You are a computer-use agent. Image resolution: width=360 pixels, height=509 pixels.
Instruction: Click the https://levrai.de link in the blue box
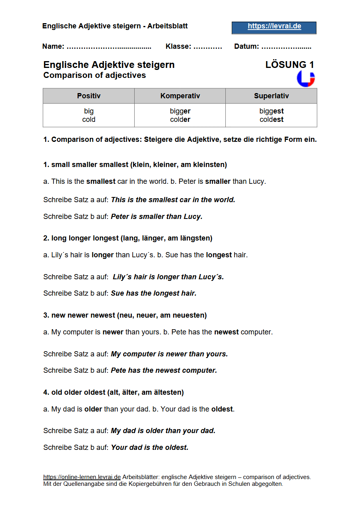[274, 26]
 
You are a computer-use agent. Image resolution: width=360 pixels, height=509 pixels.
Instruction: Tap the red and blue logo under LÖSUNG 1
[306, 79]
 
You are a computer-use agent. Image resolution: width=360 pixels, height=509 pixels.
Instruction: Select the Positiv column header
[89, 96]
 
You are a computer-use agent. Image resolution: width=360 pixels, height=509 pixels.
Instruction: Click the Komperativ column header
[180, 96]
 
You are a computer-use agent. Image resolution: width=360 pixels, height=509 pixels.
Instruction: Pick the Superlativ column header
[271, 96]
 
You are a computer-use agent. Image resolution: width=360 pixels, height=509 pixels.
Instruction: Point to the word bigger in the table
[180, 111]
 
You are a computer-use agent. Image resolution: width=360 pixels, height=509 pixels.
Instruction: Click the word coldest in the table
[271, 119]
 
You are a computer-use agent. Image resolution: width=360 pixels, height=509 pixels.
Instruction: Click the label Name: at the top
[53, 46]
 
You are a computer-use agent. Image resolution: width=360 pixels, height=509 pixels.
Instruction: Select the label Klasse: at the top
[178, 46]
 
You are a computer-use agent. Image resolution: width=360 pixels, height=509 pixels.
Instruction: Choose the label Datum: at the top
[247, 46]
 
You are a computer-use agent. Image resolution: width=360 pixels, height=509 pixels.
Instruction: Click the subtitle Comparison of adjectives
[95, 75]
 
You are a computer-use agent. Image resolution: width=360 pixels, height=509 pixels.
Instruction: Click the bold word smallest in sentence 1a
[101, 181]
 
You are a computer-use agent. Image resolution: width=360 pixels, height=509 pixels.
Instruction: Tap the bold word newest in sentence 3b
[226, 332]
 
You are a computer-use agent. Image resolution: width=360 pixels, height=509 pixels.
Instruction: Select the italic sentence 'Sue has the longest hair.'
[153, 293]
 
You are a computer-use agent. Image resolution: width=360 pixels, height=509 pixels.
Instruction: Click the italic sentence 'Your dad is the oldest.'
[149, 447]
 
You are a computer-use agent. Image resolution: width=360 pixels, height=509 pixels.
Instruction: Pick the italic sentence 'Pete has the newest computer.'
[164, 370]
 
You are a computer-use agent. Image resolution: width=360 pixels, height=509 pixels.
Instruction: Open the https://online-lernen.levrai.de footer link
[82, 477]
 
